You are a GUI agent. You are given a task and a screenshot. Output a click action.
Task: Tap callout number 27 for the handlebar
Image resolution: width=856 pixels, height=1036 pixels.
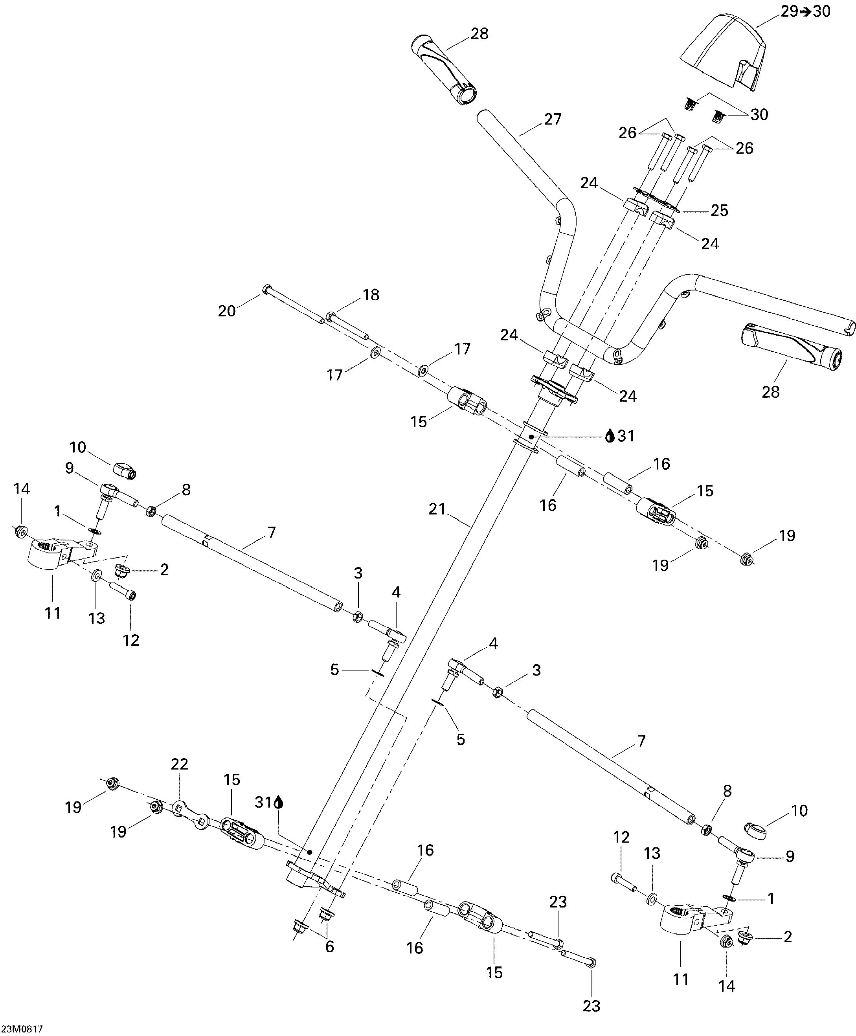[x=553, y=119]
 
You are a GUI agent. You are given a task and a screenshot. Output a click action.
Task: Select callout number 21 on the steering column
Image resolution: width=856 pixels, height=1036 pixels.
[x=437, y=509]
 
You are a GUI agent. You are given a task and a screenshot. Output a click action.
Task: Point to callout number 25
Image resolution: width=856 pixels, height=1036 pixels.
[x=719, y=211]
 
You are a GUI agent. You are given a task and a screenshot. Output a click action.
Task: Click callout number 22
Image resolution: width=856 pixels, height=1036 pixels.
[x=180, y=764]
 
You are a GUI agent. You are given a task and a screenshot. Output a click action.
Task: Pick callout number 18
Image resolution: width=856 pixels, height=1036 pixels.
[x=371, y=295]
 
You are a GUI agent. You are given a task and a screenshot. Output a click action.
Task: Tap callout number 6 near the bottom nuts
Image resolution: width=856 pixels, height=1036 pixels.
[x=329, y=946]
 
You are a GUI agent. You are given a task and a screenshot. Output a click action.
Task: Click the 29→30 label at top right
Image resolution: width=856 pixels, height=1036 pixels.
[x=805, y=11]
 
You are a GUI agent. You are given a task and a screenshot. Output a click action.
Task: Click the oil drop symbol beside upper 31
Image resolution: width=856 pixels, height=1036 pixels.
[x=610, y=436]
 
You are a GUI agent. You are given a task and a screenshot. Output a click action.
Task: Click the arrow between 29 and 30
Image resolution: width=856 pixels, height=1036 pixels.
[x=805, y=11]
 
